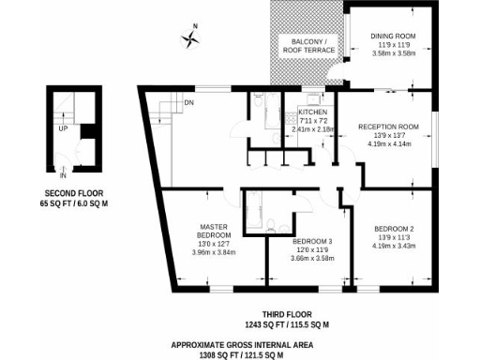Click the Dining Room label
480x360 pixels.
click(x=393, y=36)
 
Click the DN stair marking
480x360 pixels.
click(x=188, y=102)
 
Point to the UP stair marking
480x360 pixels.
click(x=63, y=129)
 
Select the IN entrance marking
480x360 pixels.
click(x=64, y=174)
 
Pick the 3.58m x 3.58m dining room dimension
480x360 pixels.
click(x=393, y=53)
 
